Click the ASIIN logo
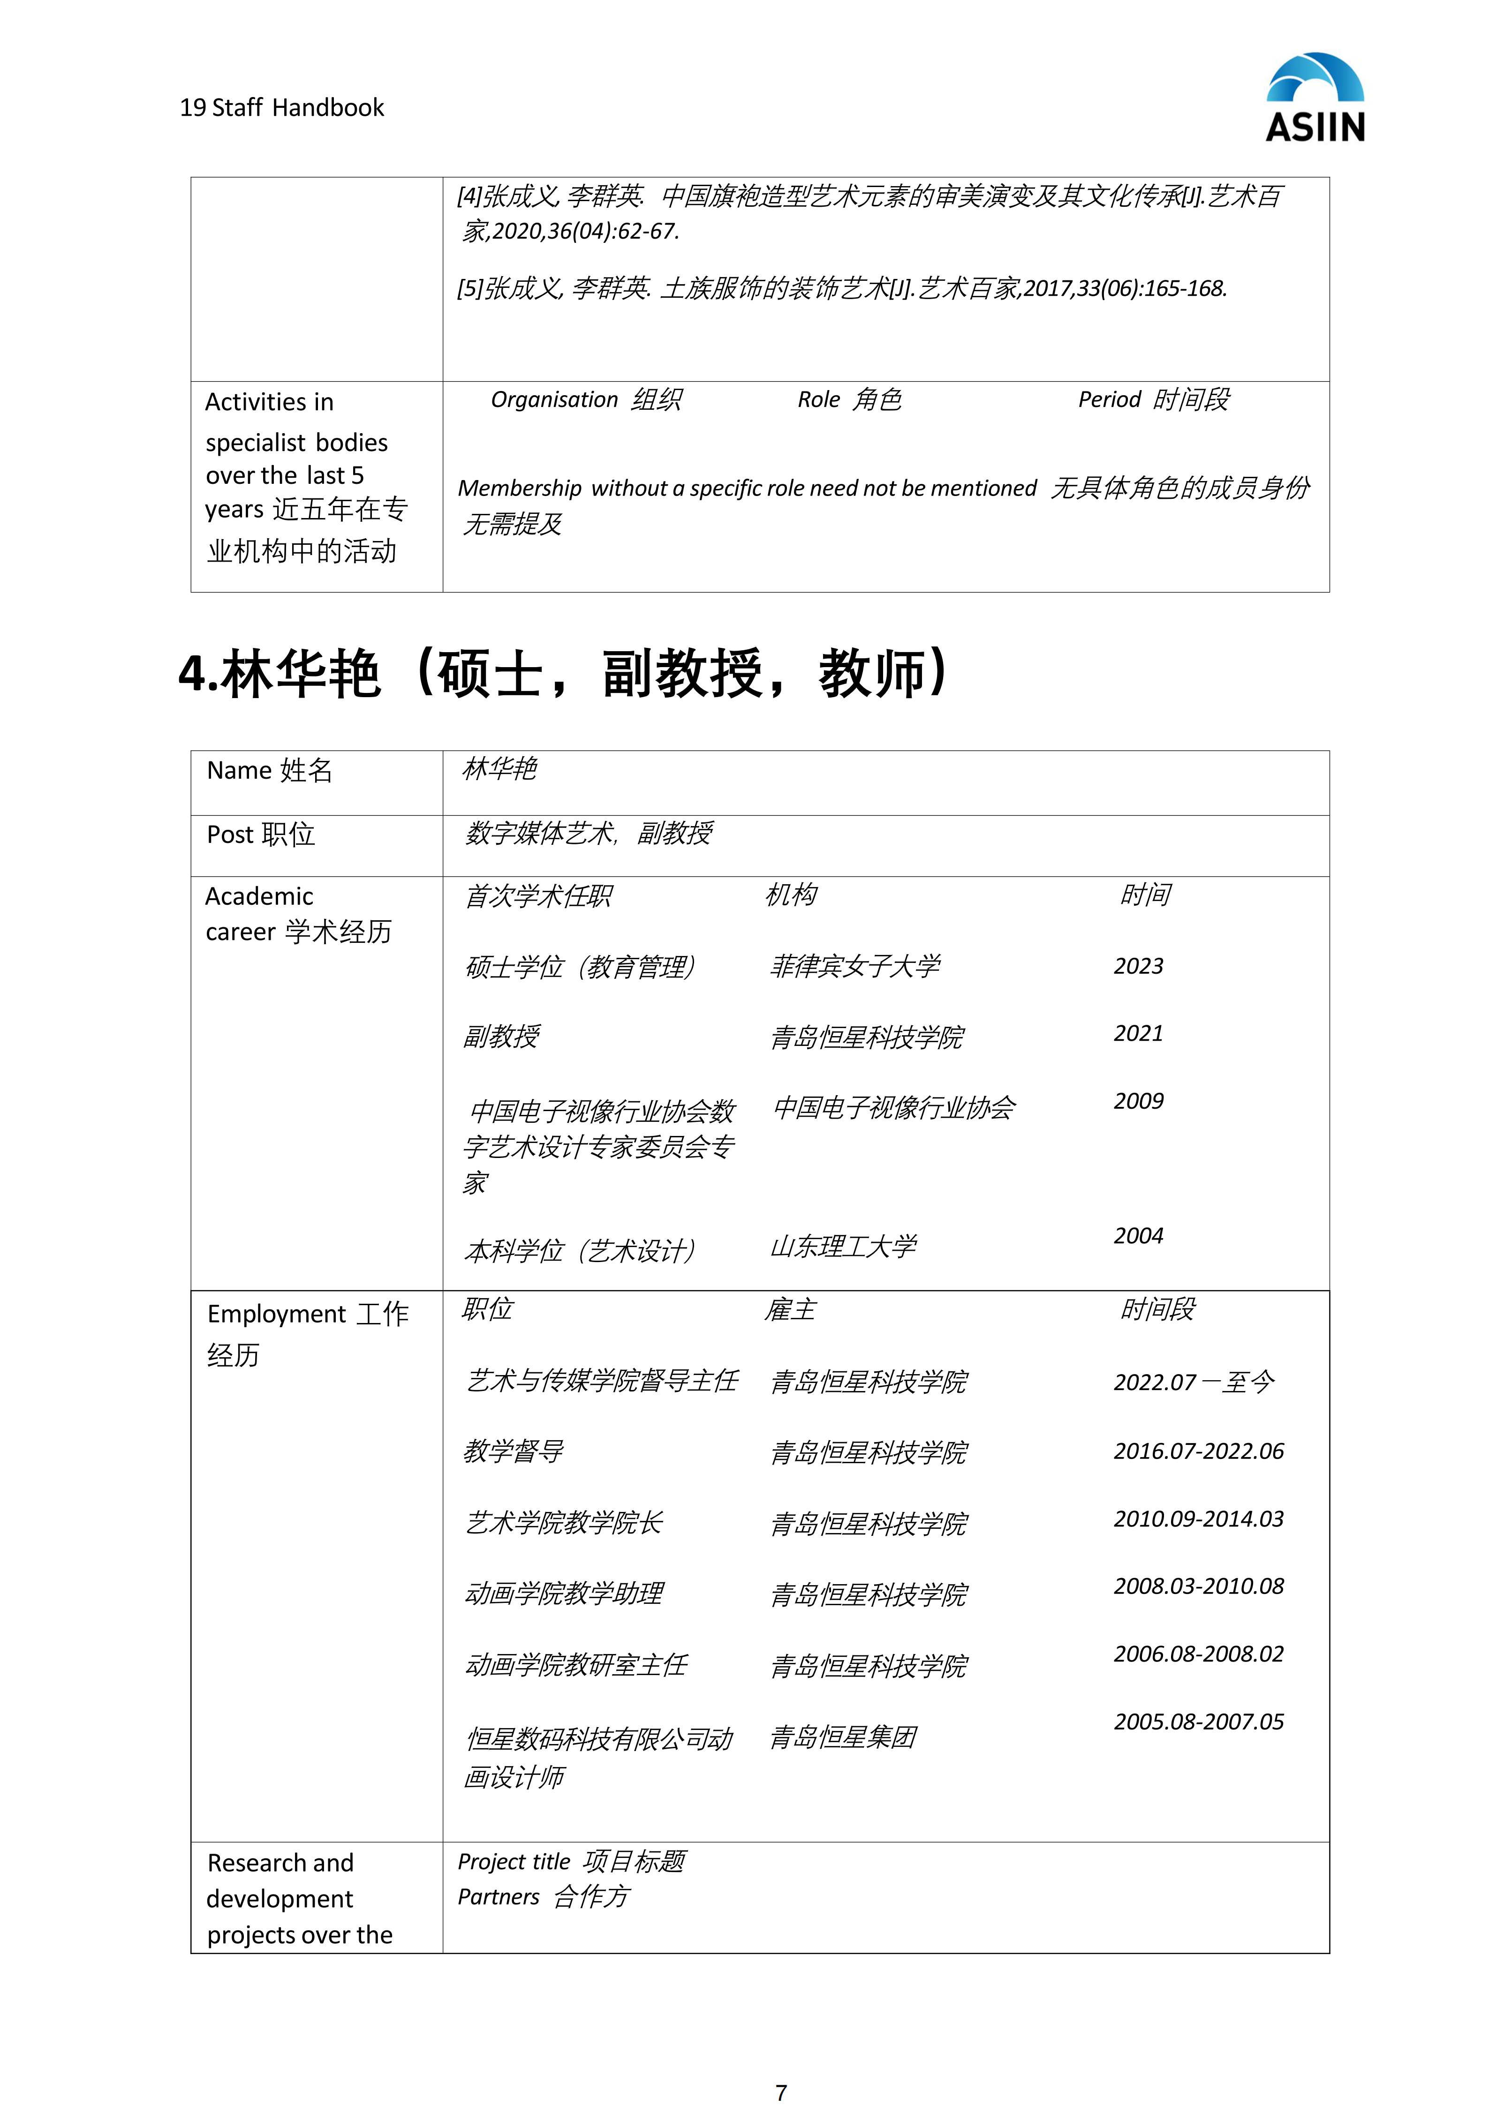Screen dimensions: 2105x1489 pyautogui.click(x=1315, y=98)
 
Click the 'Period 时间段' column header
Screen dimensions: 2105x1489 pyautogui.click(x=1153, y=400)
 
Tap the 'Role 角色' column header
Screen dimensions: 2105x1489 pyautogui.click(x=849, y=400)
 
